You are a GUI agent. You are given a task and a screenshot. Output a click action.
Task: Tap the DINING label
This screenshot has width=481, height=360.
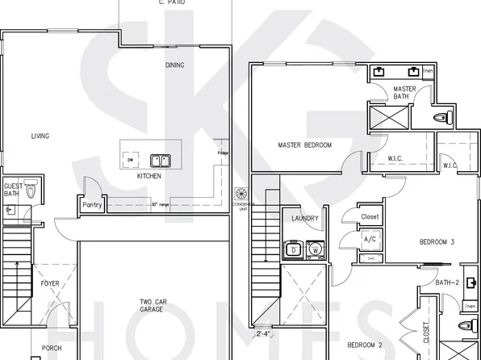click(174, 65)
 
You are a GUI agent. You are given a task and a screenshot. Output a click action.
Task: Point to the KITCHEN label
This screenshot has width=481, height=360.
click(148, 176)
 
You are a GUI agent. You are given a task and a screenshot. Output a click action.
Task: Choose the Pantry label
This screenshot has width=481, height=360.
click(91, 205)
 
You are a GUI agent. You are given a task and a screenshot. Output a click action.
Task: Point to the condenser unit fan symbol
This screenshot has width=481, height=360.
click(240, 194)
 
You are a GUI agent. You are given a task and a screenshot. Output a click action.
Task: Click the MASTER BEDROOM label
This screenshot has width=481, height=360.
click(304, 145)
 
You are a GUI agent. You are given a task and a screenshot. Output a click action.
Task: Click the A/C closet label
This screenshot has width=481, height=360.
click(370, 240)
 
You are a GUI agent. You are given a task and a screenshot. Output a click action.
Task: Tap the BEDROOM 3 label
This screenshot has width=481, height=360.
click(436, 242)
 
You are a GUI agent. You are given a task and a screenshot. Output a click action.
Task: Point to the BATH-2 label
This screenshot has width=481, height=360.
click(447, 283)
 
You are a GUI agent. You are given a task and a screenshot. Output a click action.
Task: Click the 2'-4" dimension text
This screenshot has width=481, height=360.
click(263, 332)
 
